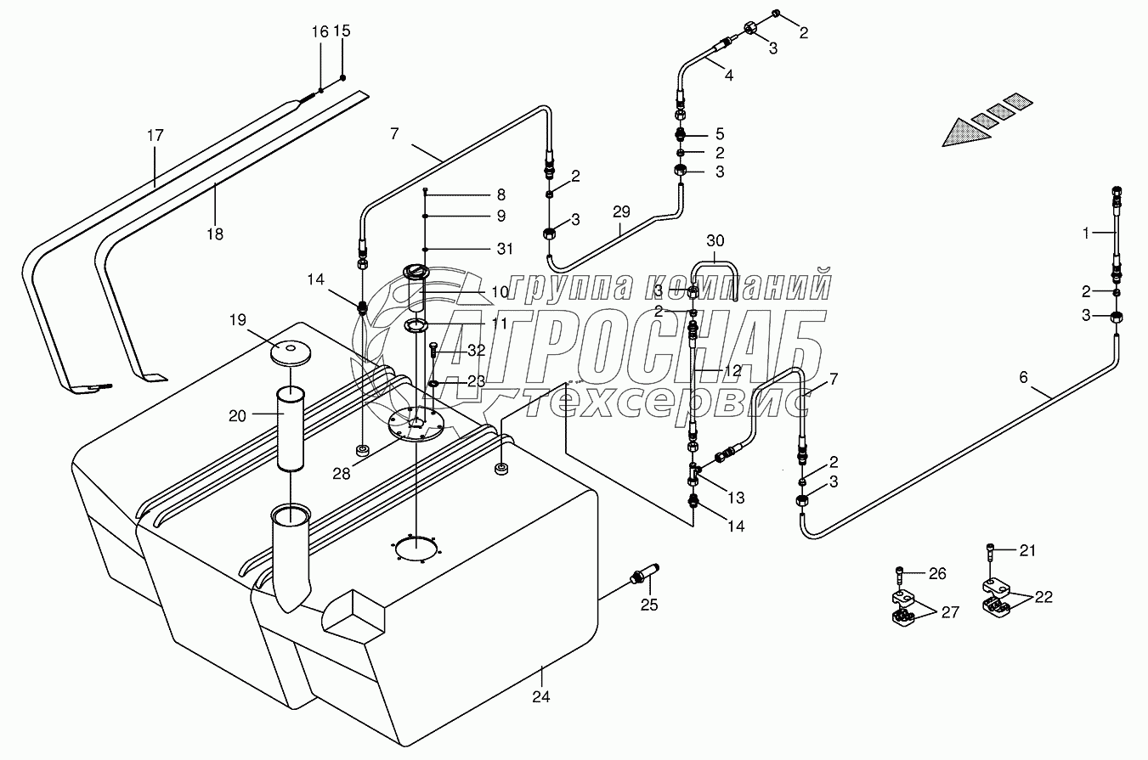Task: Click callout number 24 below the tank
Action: point(541,697)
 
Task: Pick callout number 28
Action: point(341,473)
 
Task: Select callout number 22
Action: point(1043,597)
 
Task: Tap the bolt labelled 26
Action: point(900,576)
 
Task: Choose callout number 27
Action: point(949,613)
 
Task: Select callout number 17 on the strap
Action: point(155,135)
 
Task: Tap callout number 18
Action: point(215,234)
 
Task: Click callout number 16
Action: point(320,32)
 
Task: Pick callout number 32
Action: point(476,350)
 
